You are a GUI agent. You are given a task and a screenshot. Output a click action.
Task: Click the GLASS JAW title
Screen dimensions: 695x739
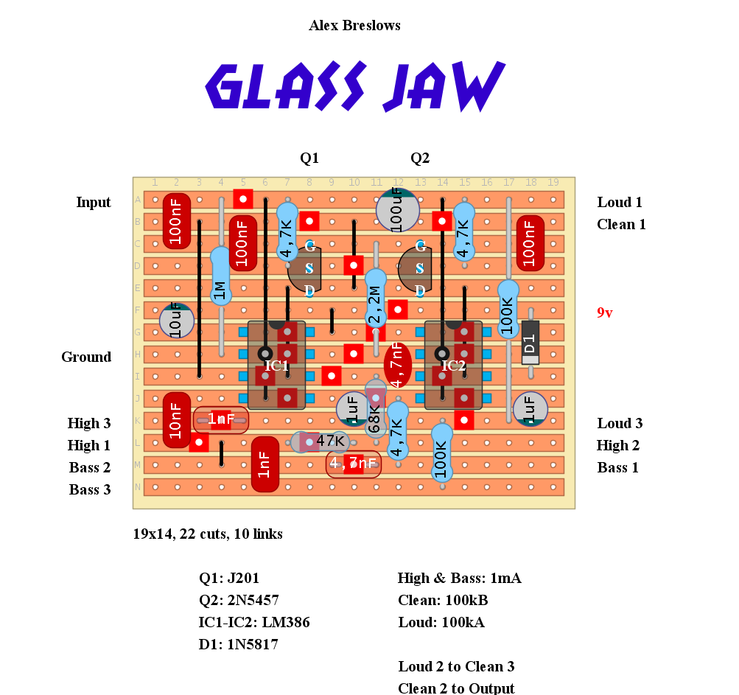click(x=354, y=86)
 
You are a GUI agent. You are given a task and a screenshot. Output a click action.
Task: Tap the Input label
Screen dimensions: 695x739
click(x=94, y=203)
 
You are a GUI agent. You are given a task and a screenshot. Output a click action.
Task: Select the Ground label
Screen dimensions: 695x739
click(x=86, y=357)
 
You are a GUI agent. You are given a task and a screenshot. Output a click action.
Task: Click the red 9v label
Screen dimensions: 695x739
click(x=604, y=313)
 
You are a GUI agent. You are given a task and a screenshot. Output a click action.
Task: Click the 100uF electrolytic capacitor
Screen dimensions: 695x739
click(x=398, y=209)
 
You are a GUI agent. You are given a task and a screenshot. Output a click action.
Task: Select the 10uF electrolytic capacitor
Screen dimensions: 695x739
click(x=177, y=321)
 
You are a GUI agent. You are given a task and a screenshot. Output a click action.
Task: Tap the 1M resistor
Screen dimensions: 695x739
click(x=220, y=276)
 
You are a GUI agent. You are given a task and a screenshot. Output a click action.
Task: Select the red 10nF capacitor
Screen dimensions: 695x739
click(x=177, y=420)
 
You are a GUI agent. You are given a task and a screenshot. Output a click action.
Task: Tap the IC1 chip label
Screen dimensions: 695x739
click(x=277, y=365)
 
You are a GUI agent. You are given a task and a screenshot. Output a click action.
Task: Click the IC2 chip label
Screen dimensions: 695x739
click(x=454, y=365)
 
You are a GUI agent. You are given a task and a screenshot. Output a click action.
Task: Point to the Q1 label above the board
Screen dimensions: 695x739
click(x=309, y=158)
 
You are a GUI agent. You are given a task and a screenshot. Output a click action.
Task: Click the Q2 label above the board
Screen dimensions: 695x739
click(x=420, y=158)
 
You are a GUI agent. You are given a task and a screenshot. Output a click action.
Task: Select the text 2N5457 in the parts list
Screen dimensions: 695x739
click(x=252, y=601)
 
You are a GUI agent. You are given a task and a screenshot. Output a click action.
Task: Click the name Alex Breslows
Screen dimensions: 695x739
click(x=354, y=26)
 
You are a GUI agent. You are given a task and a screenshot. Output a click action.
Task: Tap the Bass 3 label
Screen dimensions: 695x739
click(x=90, y=490)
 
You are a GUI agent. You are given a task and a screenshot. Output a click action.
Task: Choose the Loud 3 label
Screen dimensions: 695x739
click(x=620, y=424)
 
